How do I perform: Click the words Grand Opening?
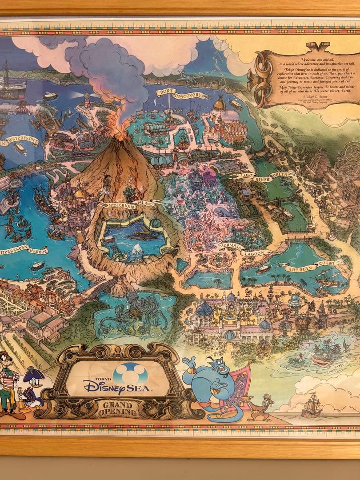[x=118, y=408]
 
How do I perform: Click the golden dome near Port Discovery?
[x=219, y=104]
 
